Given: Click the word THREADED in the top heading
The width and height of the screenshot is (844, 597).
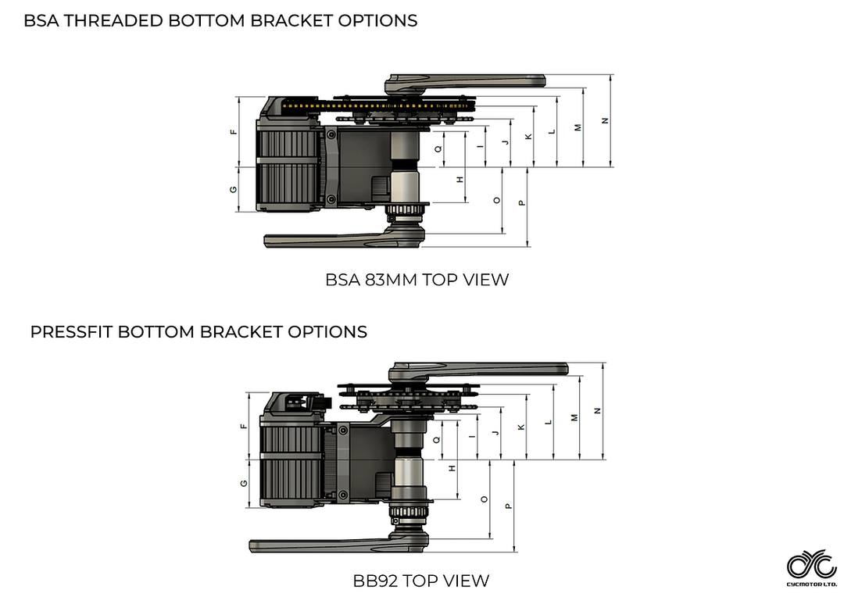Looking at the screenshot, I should pos(115,21).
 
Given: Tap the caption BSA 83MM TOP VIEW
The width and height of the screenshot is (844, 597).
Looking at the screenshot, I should pos(417,280).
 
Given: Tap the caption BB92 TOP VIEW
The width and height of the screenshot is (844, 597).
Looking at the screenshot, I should pos(421,581).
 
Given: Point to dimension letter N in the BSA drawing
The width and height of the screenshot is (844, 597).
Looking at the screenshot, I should pos(604,120).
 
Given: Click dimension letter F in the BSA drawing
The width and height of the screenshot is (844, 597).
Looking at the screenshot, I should pos(234,131).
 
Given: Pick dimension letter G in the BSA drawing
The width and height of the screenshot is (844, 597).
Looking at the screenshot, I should pos(234,189).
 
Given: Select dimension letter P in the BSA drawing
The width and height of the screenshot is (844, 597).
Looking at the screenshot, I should pos(522,203).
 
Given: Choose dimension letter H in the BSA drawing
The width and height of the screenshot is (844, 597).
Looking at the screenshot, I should pos(460,179).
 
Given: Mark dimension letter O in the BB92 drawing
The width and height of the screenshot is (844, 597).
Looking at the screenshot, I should pos(485,498).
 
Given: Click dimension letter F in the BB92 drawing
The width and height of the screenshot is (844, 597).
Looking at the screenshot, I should pos(244,426).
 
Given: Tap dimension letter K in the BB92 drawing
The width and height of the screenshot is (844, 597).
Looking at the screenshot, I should pos(521,427).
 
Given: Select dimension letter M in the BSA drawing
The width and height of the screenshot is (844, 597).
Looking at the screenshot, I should pos(578,127).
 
